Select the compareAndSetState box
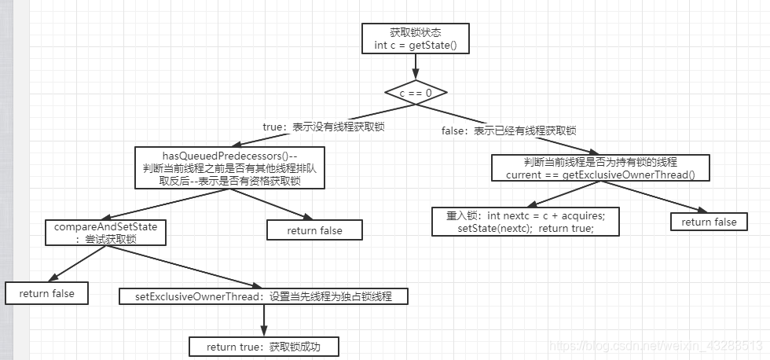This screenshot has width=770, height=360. coord(105,233)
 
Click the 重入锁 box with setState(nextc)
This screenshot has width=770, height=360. coord(526,222)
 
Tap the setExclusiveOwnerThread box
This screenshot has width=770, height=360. coord(264,296)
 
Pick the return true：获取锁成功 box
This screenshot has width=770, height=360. coord(264,347)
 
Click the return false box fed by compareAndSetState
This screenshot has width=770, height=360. coord(46,293)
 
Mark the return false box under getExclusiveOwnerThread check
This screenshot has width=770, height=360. coord(709,222)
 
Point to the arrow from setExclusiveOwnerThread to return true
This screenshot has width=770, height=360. coord(264,321)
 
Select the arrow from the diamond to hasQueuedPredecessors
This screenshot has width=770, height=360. coord(314,119)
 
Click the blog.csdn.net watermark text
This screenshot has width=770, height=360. coord(655,346)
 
